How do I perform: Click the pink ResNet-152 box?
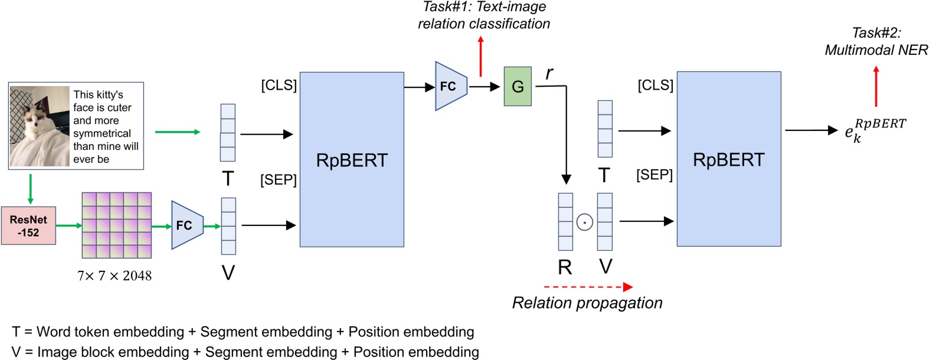(x=28, y=225)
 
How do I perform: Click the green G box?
(x=518, y=87)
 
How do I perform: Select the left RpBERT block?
(x=352, y=159)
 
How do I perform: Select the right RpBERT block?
(x=728, y=159)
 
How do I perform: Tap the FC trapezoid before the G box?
(x=450, y=86)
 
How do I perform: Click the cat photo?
(x=40, y=126)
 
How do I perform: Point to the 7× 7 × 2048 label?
(x=115, y=276)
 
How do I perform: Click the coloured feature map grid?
(x=116, y=225)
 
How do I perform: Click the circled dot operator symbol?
(x=584, y=222)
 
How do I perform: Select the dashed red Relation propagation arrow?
(x=588, y=287)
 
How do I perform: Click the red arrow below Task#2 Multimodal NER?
(x=876, y=86)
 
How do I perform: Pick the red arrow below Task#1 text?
(x=480, y=56)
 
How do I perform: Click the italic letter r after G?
(x=549, y=73)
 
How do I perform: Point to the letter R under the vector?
(x=565, y=267)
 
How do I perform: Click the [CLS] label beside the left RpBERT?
(x=279, y=85)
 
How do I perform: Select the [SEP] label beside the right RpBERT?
(x=655, y=175)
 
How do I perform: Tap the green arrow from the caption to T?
(x=178, y=132)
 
